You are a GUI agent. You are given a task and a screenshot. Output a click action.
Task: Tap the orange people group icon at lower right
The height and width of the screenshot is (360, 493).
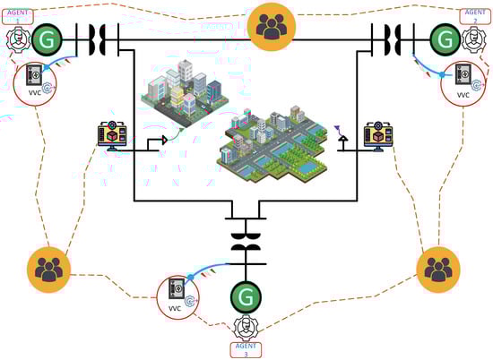click(438, 268)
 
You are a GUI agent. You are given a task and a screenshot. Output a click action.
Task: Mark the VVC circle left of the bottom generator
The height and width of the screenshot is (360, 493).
click(177, 296)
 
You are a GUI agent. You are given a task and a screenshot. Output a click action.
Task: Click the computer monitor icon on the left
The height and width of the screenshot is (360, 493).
click(114, 135)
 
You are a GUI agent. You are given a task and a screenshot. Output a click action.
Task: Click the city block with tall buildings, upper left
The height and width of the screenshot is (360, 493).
click(181, 90)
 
